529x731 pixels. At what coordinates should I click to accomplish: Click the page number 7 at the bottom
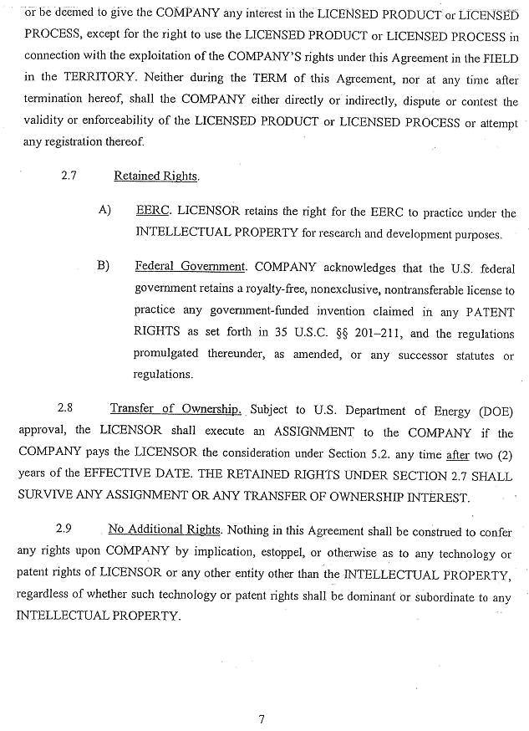click(262, 718)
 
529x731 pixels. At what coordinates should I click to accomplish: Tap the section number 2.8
click(65, 409)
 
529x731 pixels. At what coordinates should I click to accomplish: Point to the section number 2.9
click(64, 529)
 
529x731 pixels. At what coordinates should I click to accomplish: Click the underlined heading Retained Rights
click(156, 176)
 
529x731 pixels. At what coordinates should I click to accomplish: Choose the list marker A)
click(104, 211)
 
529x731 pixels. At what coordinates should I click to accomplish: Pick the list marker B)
click(104, 267)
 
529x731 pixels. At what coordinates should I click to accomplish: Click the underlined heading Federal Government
click(190, 267)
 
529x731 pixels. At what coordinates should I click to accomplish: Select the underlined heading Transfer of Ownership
click(175, 409)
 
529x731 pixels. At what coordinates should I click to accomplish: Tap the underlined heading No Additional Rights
click(165, 530)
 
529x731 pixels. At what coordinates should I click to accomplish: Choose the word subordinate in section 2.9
click(441, 596)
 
